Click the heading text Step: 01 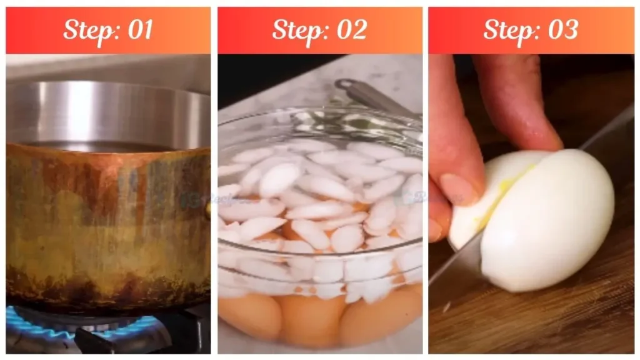(108, 30)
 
